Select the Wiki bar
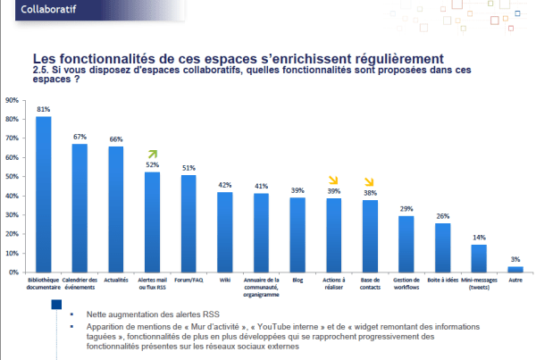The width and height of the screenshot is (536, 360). click(x=224, y=231)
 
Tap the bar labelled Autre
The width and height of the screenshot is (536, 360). click(x=515, y=268)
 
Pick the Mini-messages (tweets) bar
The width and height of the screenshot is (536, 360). click(x=479, y=257)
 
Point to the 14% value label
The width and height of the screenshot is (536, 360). click(x=479, y=239)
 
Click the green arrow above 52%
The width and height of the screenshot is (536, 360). click(x=153, y=155)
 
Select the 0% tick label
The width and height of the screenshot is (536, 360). click(x=13, y=272)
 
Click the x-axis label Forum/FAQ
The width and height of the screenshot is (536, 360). click(x=188, y=280)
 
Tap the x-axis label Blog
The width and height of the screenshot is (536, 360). click(x=297, y=280)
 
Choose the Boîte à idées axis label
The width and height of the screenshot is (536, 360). click(x=442, y=280)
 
